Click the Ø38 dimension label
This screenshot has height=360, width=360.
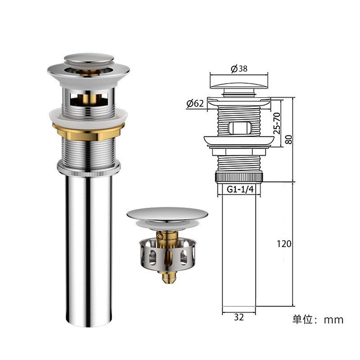(239, 69)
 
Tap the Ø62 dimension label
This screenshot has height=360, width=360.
(194, 103)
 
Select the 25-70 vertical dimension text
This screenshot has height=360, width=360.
(278, 122)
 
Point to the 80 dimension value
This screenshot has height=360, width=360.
(289, 139)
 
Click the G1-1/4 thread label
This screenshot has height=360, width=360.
(240, 190)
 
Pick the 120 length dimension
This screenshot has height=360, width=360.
(284, 244)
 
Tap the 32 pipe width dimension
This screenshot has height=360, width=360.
(238, 317)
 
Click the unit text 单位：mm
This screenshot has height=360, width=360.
(318, 319)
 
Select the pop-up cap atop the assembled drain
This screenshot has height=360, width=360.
(88, 60)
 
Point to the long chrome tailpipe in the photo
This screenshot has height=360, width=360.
(88, 247)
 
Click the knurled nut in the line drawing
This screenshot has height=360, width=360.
(239, 176)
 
